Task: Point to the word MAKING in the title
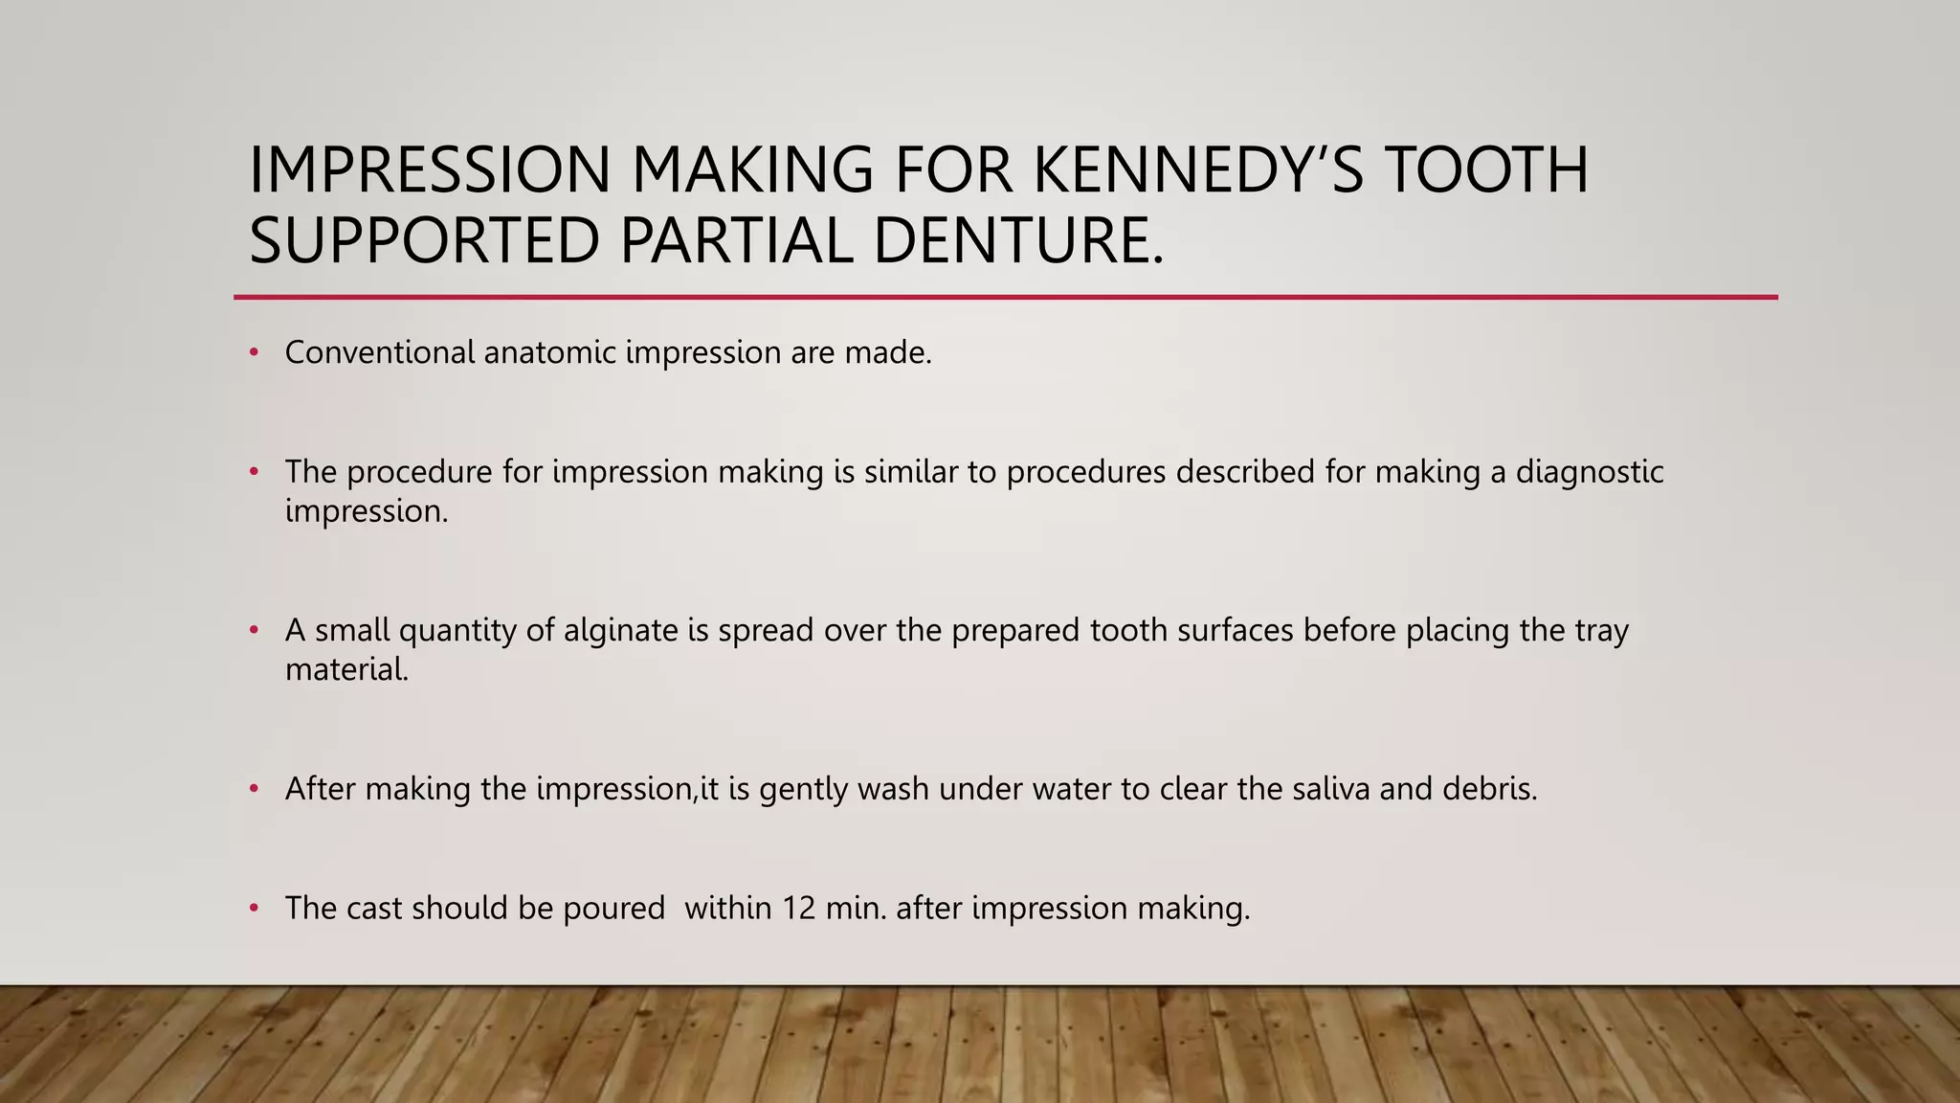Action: (x=752, y=169)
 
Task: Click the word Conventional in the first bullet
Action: (x=380, y=352)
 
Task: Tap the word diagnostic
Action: (x=1590, y=472)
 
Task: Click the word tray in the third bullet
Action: (x=1601, y=630)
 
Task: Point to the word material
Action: (x=346, y=669)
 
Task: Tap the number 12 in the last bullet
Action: (x=798, y=908)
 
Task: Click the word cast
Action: (x=374, y=908)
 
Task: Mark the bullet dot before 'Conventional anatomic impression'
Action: (x=254, y=353)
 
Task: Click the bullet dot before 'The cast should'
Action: (x=254, y=909)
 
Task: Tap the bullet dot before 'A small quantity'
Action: (x=254, y=631)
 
